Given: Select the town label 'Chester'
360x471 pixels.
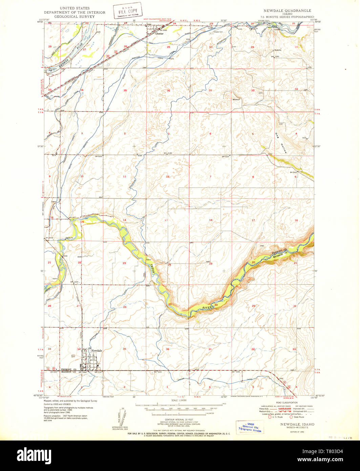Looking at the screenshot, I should click(159, 34).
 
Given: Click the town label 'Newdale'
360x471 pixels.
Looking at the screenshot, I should click(96, 350).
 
